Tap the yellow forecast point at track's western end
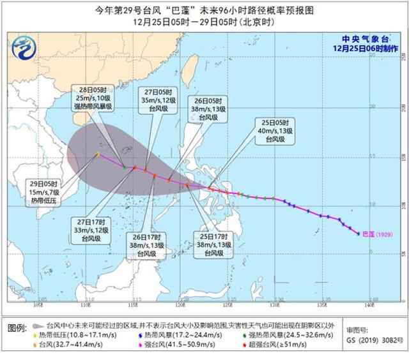pos(98,154)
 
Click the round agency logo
pos(23,47)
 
